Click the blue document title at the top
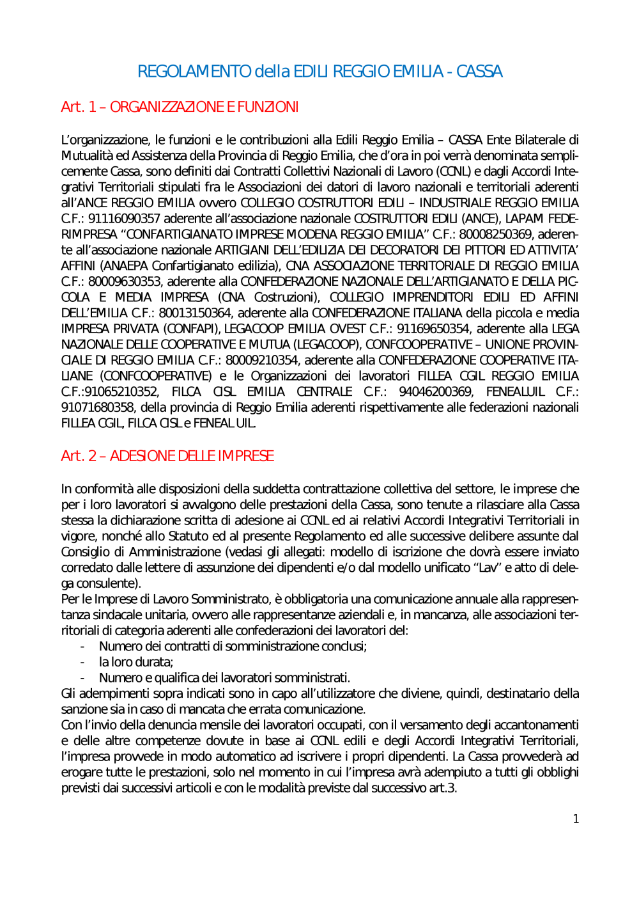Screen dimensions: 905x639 [319, 71]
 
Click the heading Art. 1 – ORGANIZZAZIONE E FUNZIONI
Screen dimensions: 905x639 [180, 107]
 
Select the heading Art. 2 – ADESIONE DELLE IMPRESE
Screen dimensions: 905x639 [167, 456]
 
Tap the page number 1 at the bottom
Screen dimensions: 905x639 [576, 819]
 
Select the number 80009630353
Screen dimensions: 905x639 [124, 281]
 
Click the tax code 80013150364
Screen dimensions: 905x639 [194, 313]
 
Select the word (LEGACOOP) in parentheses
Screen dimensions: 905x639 [327, 345]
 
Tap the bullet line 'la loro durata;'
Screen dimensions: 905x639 [135, 662]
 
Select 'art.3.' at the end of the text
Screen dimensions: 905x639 [443, 788]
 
